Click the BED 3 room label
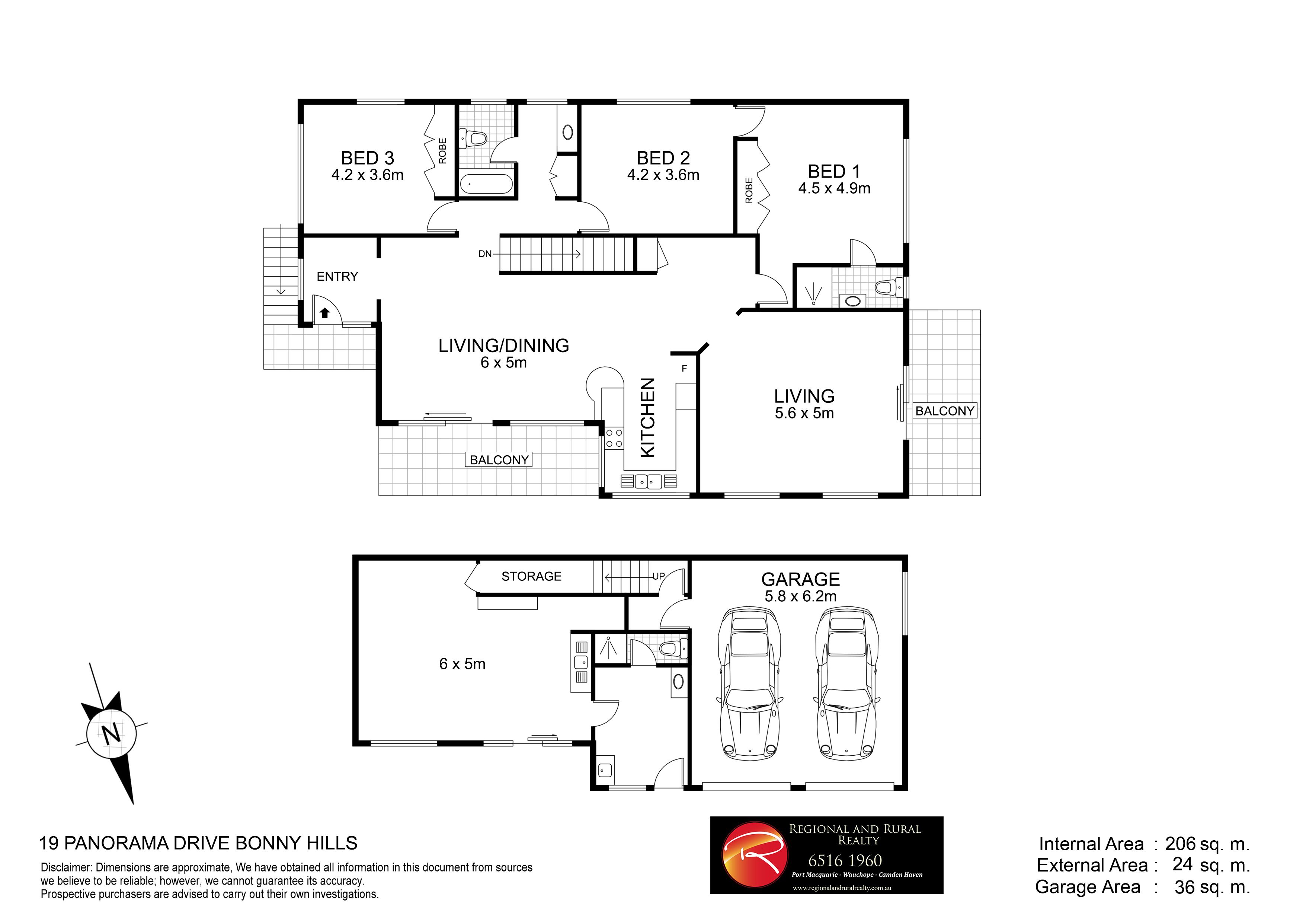coord(368,157)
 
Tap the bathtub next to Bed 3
coord(486,184)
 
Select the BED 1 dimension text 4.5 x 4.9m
coord(835,188)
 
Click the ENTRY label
coord(337,277)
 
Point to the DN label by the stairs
coord(484,254)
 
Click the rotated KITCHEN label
coord(648,418)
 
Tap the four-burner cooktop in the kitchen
coord(614,438)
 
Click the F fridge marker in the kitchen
coord(684,369)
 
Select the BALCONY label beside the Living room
coord(945,411)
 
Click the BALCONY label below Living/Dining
coord(499,460)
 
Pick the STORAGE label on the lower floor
coord(531,576)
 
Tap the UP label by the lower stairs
coord(658,576)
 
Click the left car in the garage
coord(750,684)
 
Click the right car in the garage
coord(847,684)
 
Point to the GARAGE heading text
coord(800,579)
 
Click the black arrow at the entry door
coord(325,312)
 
